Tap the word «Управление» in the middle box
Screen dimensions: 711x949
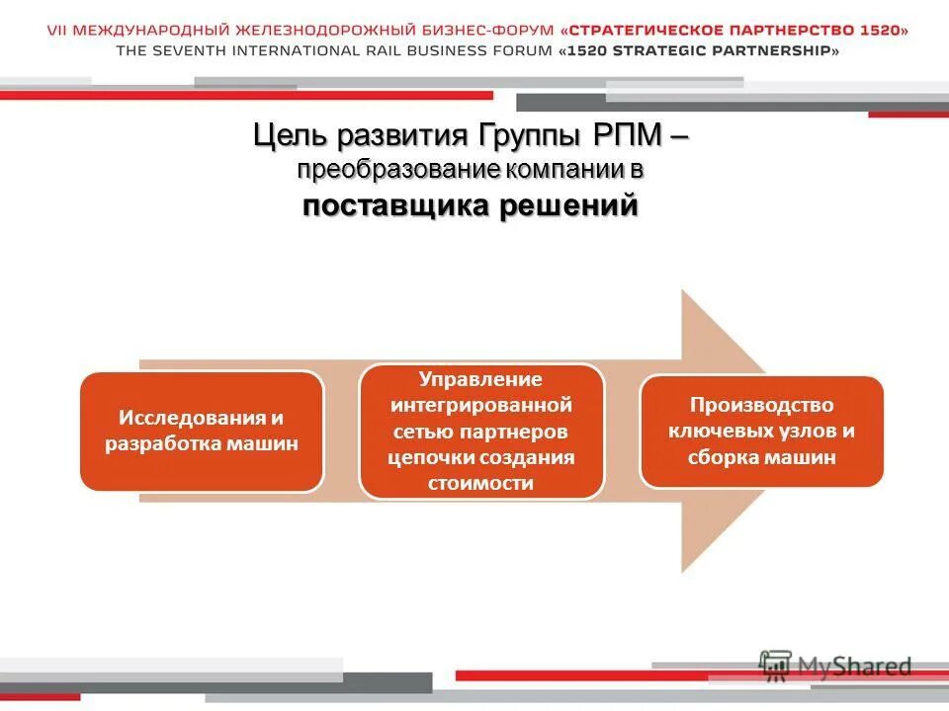pos(481,379)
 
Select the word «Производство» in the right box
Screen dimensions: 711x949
pos(762,405)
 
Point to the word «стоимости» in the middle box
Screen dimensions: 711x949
pos(481,483)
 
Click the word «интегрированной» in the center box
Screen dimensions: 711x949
pos(481,405)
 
